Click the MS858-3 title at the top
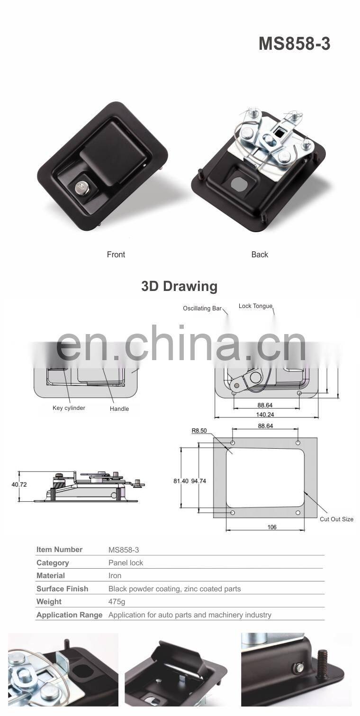[x=294, y=44]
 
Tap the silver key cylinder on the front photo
[x=80, y=188]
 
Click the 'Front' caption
[x=116, y=254]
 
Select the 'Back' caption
[x=260, y=254]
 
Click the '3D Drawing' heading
[x=179, y=286]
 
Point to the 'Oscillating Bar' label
[x=202, y=308]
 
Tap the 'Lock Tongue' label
[x=255, y=306]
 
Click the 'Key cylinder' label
[x=69, y=408]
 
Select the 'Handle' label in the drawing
[x=119, y=408]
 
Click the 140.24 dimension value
[x=265, y=415]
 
